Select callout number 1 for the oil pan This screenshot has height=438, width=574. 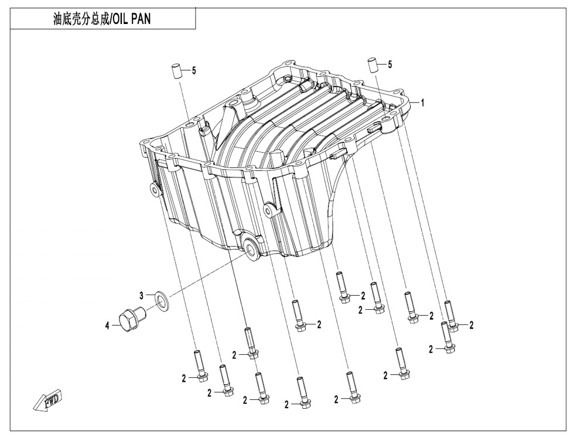tap(422, 102)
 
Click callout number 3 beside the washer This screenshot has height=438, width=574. tap(141, 295)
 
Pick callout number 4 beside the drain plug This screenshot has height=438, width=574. tap(107, 326)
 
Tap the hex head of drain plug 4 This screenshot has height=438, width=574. tap(128, 321)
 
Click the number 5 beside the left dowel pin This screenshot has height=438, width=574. tap(194, 70)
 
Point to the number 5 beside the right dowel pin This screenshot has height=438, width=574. tap(390, 63)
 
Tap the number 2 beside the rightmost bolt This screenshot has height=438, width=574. tap(471, 324)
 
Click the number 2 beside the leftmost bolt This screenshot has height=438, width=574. tap(183, 379)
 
